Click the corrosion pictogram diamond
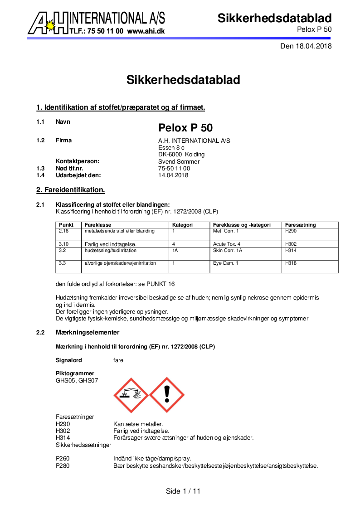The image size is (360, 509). tap(131, 395)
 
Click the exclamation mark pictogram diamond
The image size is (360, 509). tap(166, 395)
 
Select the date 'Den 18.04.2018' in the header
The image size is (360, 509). tap(306, 46)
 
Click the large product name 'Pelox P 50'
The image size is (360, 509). tap(185, 128)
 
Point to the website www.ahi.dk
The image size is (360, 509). tap(146, 31)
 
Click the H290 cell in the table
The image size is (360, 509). tap(290, 231)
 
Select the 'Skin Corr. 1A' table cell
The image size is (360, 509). tap(228, 250)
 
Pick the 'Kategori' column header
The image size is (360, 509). tap(183, 225)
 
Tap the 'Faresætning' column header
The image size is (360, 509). tap(301, 225)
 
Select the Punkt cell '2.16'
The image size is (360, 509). tap(63, 231)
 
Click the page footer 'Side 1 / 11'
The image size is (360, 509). tap(183, 491)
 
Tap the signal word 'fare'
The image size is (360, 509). tap(118, 360)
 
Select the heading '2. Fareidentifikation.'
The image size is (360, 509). tap(71, 189)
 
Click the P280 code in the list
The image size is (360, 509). tap(63, 465)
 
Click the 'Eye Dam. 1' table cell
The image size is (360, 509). tap(225, 263)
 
